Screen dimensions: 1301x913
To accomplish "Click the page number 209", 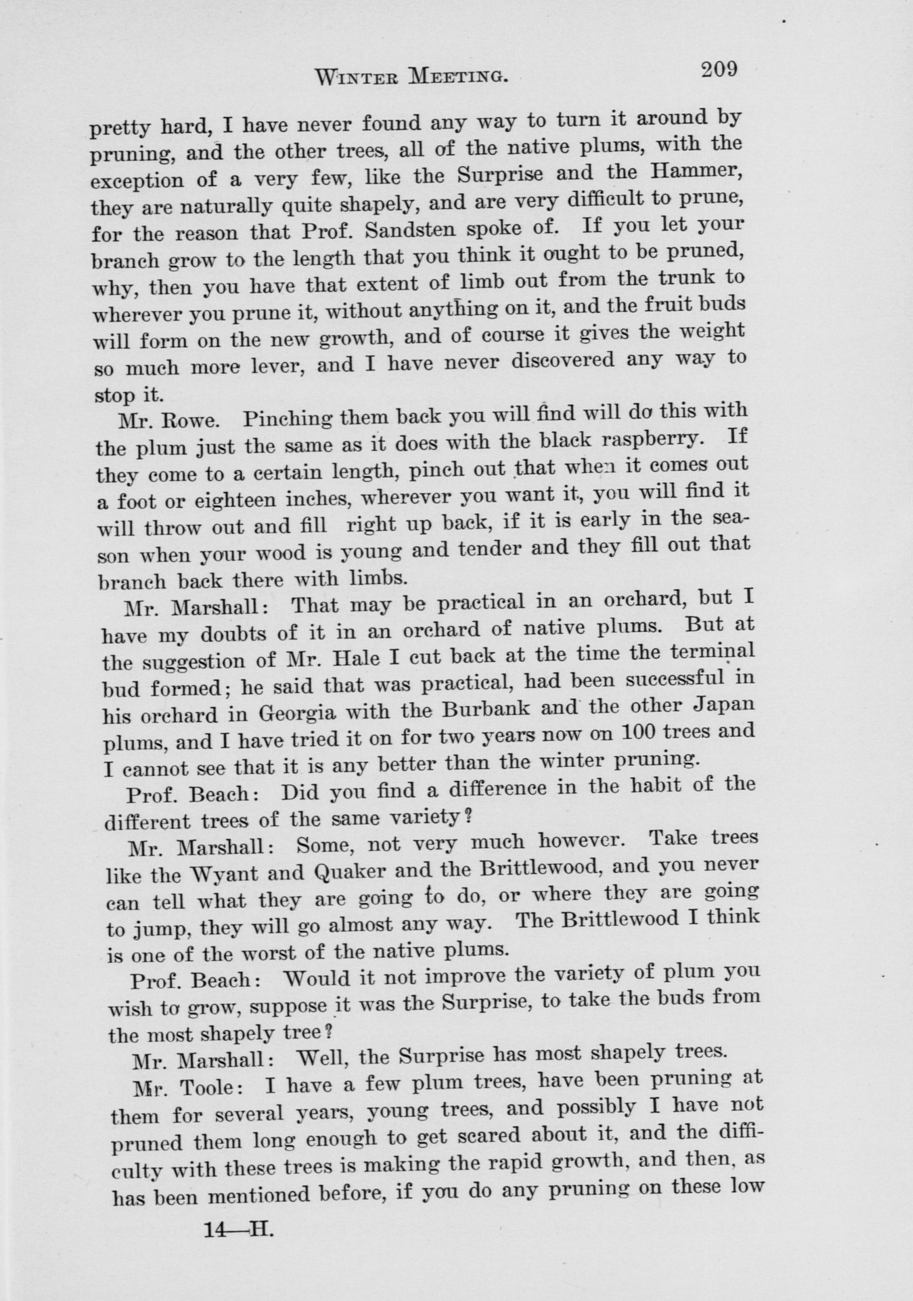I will coord(718,70).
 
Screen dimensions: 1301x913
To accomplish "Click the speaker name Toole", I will coord(204,1087).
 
